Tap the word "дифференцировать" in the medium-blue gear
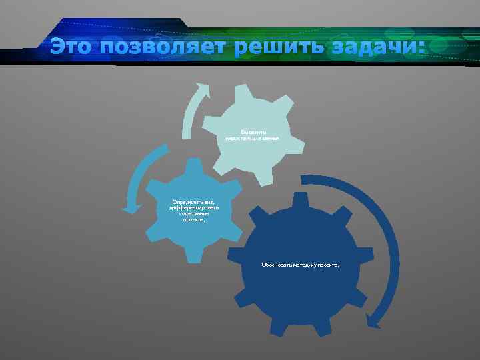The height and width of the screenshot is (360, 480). coord(193,207)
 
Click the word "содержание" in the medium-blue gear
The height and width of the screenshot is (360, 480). coord(193,213)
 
